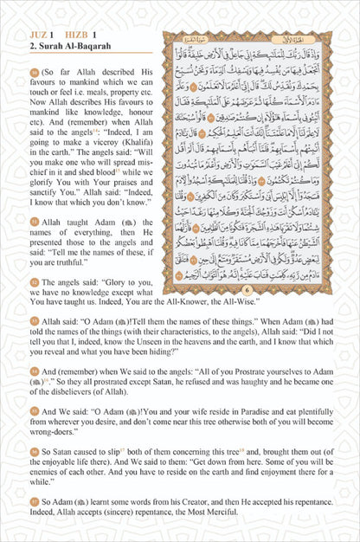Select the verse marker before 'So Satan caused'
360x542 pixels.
coord(33,449)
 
